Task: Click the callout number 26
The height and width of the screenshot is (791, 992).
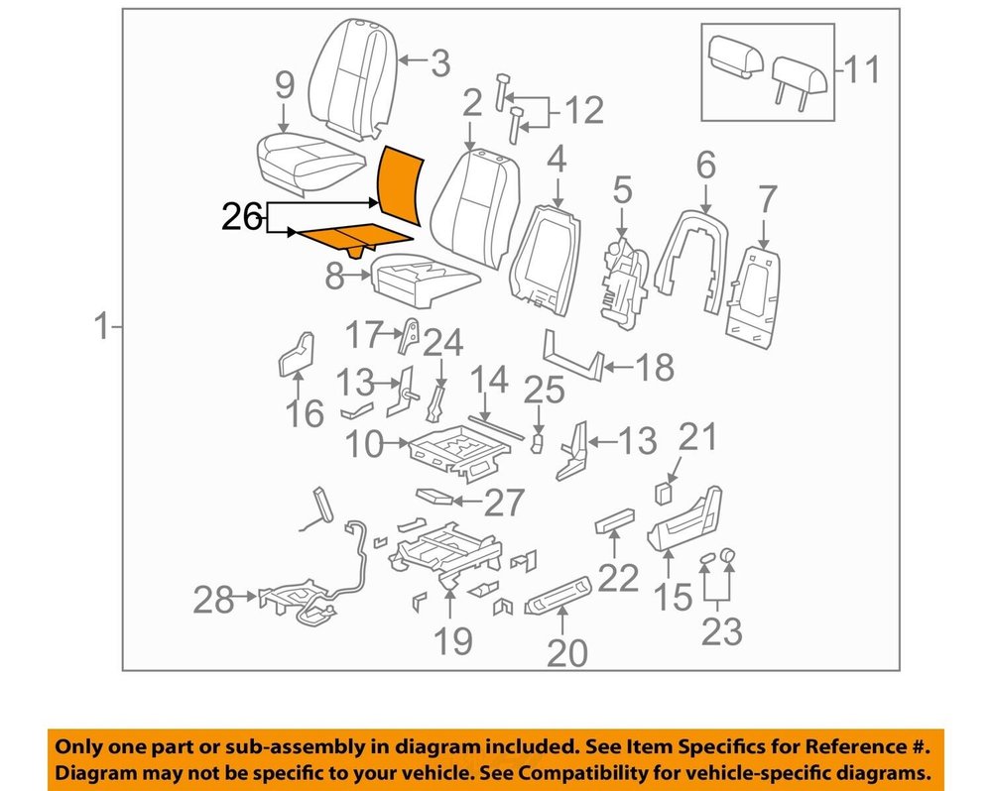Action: click(x=242, y=217)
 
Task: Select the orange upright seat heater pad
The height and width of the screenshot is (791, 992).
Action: click(x=400, y=186)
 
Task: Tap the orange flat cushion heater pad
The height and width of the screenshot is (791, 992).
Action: click(x=355, y=239)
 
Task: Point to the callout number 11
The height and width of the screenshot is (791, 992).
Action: click(x=862, y=69)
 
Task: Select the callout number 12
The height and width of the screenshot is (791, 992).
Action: click(x=584, y=111)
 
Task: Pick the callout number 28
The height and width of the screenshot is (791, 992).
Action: click(x=213, y=599)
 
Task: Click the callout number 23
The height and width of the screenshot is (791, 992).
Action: click(x=722, y=631)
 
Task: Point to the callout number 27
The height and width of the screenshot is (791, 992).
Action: click(x=504, y=503)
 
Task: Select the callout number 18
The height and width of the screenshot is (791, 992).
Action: click(x=655, y=367)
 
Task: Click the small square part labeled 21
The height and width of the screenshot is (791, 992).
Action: click(x=663, y=494)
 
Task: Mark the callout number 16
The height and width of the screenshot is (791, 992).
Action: click(x=305, y=413)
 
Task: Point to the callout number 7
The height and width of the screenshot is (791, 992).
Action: click(x=767, y=200)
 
